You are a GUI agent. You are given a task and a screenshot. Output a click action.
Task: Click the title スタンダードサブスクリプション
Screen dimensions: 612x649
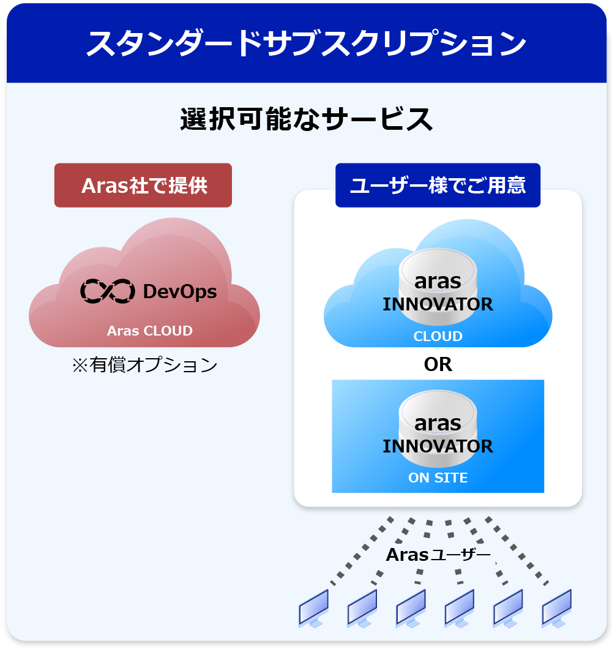(306, 43)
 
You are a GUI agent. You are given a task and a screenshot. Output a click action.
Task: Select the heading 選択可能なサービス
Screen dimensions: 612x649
(307, 119)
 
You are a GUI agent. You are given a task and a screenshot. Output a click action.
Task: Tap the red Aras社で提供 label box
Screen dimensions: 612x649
(143, 185)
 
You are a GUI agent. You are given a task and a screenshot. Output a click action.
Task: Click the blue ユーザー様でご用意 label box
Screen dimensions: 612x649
(438, 185)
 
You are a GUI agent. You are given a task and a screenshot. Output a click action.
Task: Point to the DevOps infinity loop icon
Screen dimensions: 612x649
(108, 291)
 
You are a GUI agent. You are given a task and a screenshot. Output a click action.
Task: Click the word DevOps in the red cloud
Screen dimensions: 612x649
(179, 291)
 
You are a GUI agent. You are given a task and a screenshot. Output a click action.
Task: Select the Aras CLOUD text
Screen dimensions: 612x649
(150, 331)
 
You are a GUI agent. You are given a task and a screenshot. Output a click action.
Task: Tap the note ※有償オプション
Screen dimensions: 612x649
(144, 365)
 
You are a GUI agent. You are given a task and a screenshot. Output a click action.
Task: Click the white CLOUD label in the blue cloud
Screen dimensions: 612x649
(438, 336)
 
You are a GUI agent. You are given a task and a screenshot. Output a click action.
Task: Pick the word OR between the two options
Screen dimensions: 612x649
(438, 364)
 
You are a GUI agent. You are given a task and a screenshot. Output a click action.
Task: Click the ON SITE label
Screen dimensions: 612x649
(438, 478)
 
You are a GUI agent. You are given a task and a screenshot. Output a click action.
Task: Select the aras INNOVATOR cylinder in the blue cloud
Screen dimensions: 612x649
(438, 287)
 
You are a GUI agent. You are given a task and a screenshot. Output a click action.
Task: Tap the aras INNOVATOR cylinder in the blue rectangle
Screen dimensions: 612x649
(438, 429)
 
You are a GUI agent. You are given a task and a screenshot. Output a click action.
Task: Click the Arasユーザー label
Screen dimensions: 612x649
(438, 555)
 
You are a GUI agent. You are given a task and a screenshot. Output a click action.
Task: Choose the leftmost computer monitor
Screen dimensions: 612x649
(314, 608)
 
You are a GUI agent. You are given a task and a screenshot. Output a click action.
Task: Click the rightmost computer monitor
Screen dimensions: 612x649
(557, 608)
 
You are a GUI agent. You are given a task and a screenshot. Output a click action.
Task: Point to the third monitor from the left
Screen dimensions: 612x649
(411, 608)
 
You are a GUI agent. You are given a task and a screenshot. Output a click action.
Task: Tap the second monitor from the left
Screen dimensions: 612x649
(362, 608)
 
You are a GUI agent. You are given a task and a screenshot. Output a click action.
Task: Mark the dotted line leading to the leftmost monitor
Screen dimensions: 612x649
(362, 551)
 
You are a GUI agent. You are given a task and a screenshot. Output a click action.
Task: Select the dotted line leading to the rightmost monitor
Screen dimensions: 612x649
(517, 551)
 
